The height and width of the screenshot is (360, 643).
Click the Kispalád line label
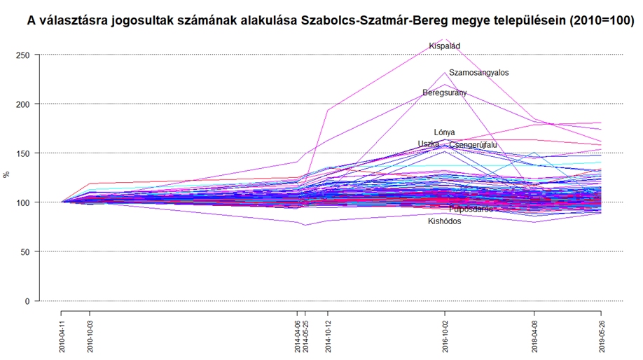tap(445, 46)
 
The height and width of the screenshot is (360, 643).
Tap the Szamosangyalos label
tap(479, 72)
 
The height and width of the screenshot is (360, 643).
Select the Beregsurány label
tap(444, 92)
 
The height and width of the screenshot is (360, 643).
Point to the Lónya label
tap(444, 132)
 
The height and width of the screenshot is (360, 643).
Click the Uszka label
tap(429, 144)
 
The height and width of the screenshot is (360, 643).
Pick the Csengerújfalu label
tap(473, 145)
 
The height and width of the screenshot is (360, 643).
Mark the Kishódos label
tap(445, 221)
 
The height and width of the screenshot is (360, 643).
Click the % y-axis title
tap(8, 174)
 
